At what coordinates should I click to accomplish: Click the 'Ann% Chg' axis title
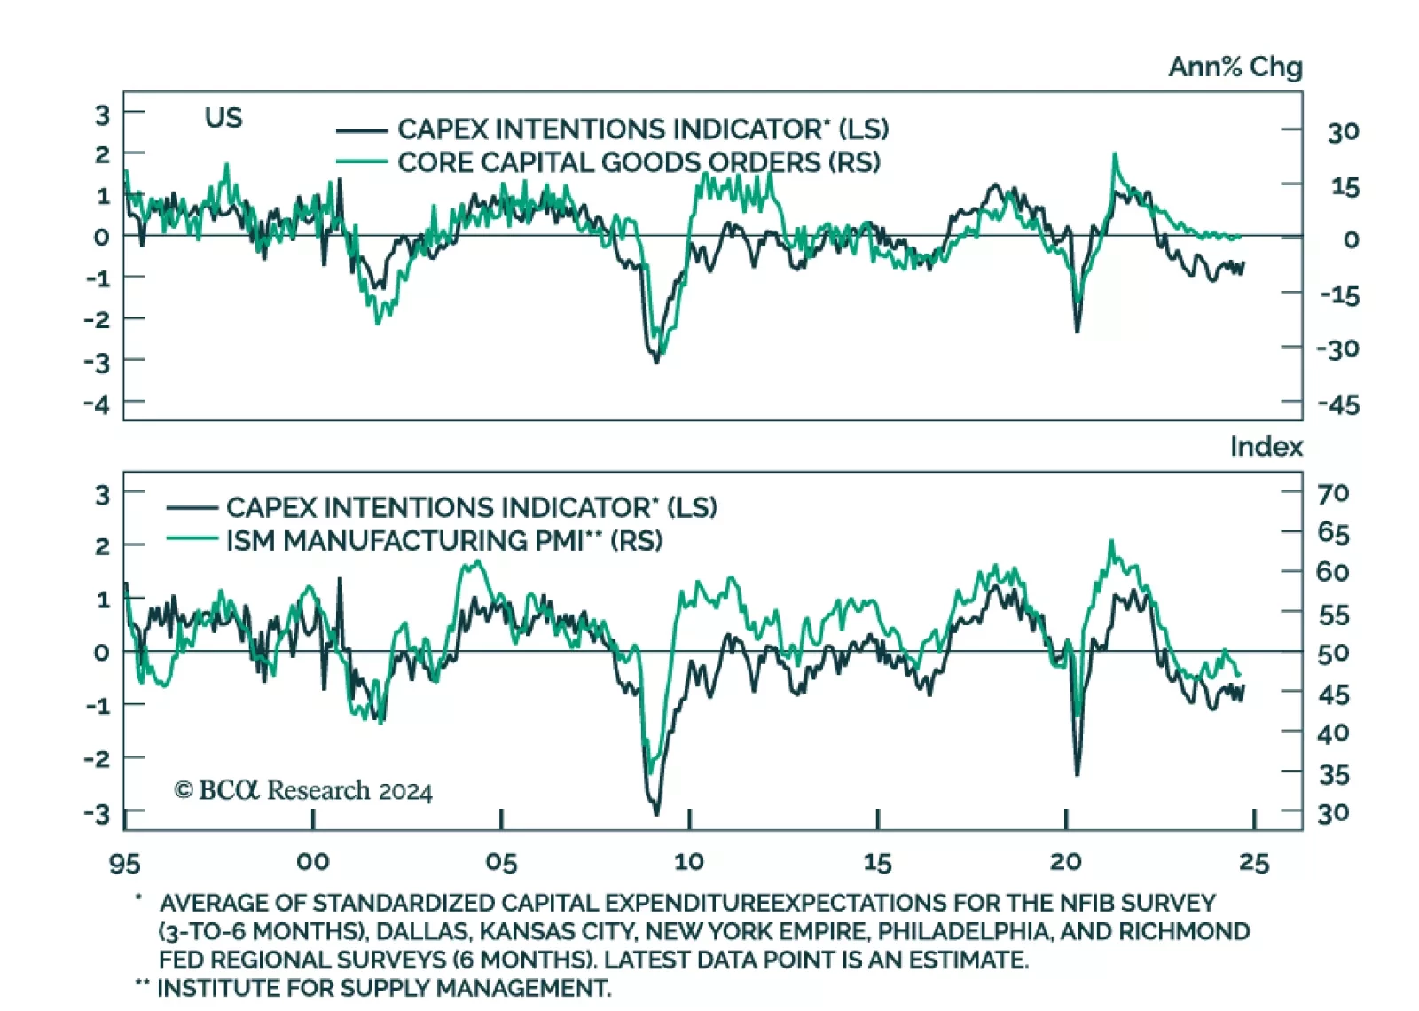(x=1235, y=67)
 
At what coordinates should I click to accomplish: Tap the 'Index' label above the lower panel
(x=1266, y=447)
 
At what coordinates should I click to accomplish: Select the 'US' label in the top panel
(x=223, y=118)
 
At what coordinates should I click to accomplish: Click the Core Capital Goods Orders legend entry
(x=638, y=163)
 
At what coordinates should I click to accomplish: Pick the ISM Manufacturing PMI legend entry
(x=443, y=541)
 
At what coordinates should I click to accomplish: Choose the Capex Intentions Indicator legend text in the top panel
(x=642, y=129)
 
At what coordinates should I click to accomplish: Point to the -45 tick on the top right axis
(x=1338, y=405)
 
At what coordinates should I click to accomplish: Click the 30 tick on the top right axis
(x=1343, y=133)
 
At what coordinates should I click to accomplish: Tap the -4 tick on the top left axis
(x=97, y=404)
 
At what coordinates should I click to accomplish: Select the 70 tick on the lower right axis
(x=1333, y=493)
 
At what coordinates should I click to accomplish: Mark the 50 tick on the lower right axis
(x=1333, y=654)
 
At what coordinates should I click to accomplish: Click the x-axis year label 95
(x=124, y=863)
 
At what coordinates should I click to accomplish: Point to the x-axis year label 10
(x=689, y=862)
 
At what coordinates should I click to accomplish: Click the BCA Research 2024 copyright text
(x=303, y=791)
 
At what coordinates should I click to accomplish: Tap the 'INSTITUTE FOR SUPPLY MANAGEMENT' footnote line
(x=383, y=989)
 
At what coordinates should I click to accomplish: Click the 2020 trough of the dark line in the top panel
(x=1078, y=331)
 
